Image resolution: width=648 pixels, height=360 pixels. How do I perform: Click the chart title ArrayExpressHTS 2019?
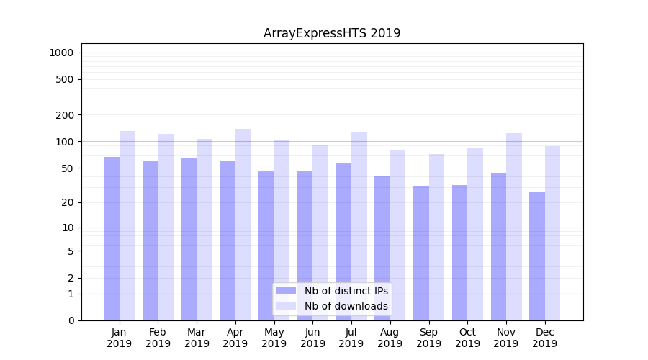click(x=332, y=33)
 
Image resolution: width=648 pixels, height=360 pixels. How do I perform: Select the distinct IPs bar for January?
click(x=112, y=238)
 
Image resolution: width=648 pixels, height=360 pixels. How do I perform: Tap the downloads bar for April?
click(x=243, y=223)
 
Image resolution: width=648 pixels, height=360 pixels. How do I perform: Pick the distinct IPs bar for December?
click(x=537, y=256)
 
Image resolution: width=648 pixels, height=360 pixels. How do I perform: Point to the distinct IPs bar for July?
click(x=343, y=241)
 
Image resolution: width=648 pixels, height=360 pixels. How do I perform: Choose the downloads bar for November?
click(x=514, y=226)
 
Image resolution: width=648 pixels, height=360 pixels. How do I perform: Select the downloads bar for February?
click(x=166, y=227)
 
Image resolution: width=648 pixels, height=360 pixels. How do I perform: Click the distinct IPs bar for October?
click(x=459, y=252)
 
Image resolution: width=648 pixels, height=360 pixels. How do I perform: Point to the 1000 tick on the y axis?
click(x=61, y=53)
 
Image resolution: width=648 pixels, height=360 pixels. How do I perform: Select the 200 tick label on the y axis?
click(x=65, y=115)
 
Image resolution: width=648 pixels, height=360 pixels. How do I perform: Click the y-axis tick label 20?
click(x=67, y=202)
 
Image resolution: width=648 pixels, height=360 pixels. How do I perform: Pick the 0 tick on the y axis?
click(x=71, y=320)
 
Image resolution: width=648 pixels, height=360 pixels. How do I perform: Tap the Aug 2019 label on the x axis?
click(x=390, y=338)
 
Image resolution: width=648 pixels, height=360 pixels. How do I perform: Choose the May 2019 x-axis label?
click(x=274, y=338)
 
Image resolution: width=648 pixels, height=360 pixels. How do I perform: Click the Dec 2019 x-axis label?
click(x=544, y=338)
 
